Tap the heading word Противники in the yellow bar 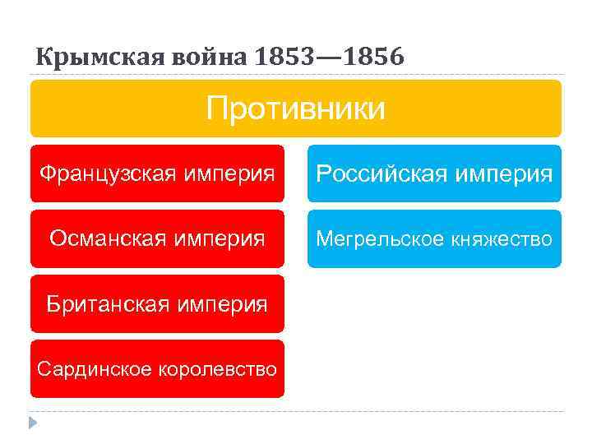click(295, 108)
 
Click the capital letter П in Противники click(216, 108)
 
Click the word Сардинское click(87, 369)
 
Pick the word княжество click(501, 238)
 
